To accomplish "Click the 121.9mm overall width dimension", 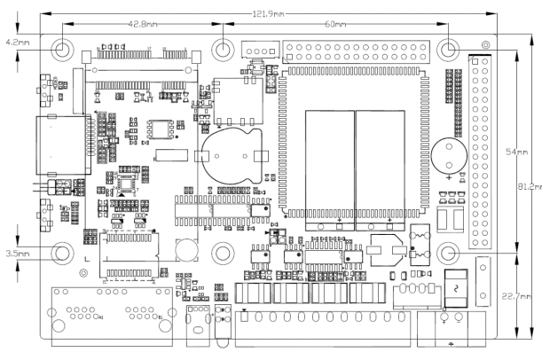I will pos(269,15).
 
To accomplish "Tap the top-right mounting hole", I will pos(450,50).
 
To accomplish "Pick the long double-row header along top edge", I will pos(359,47).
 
